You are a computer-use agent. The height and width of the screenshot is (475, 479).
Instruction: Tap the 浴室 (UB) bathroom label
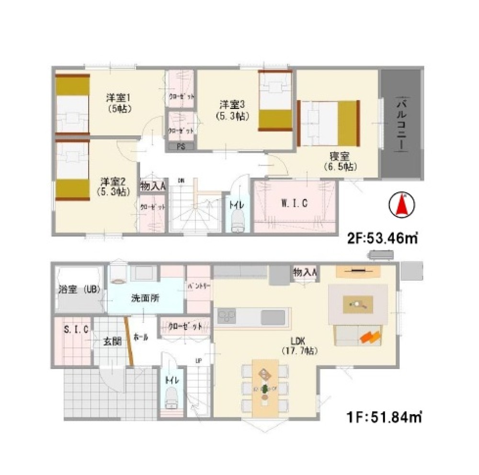[77, 290]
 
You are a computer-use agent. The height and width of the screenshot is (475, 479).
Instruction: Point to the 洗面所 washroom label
[145, 297]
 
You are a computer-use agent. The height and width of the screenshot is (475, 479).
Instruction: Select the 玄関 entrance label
[113, 342]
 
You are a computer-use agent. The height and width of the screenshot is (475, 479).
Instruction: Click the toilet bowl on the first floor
[171, 397]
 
